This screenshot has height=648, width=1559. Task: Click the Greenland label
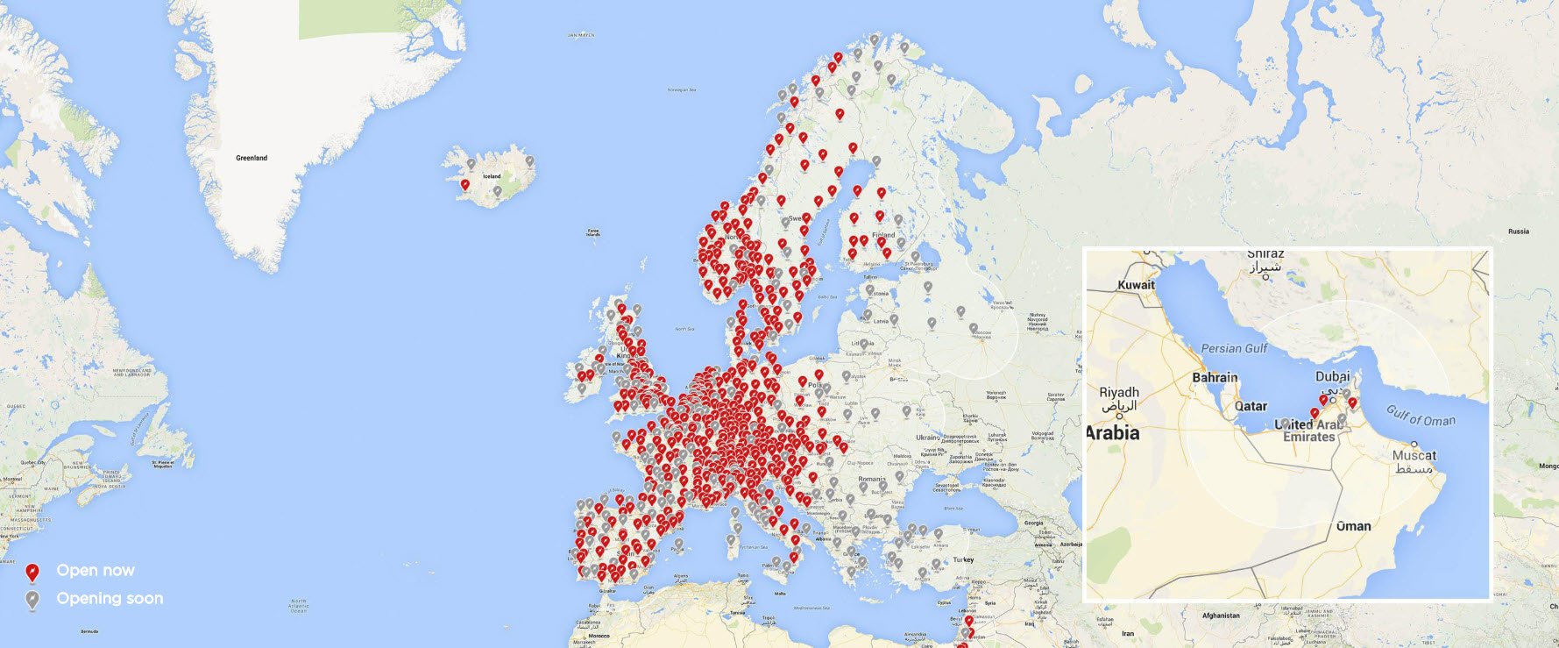coord(252,158)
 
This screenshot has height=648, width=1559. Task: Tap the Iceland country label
coord(492,176)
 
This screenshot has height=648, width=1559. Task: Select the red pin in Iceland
coord(464,185)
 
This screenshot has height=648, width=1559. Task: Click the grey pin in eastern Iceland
coord(528,161)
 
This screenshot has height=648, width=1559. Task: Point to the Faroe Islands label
coord(593,233)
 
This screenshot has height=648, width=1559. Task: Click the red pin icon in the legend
coord(32,573)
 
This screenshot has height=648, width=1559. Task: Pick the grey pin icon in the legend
coord(32,601)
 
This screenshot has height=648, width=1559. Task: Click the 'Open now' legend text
coord(96,570)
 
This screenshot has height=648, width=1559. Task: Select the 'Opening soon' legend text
coord(110,598)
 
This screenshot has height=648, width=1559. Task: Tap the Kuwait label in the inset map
coord(1136,285)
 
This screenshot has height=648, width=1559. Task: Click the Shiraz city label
coord(1265,253)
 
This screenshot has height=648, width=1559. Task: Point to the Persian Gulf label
coord(1234,348)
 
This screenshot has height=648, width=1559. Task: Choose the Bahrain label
coord(1215,377)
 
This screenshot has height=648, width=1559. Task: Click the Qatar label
coord(1251,406)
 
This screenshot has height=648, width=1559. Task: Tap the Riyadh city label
coord(1119,392)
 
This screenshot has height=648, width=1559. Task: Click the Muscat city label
coord(1414,455)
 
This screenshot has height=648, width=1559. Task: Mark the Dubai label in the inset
coord(1333,377)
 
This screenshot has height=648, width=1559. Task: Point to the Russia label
coord(1518,231)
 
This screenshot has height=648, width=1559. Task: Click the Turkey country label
coord(963,559)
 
